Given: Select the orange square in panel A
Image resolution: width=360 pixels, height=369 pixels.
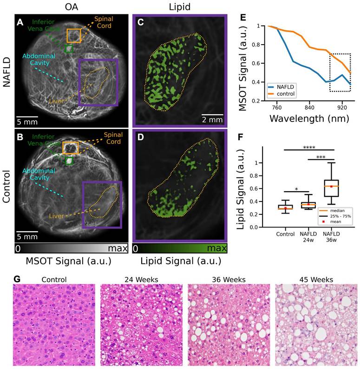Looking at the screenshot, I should pyautogui.click(x=74, y=35).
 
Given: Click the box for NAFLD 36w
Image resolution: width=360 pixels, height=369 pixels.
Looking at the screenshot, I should pyautogui.click(x=331, y=188).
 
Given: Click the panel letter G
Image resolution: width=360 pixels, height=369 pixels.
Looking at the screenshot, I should pyautogui.click(x=17, y=280).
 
